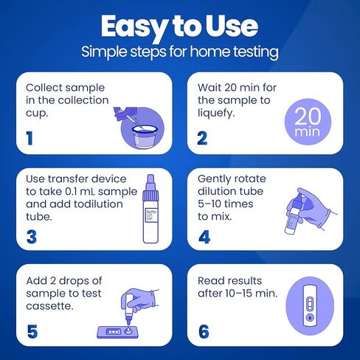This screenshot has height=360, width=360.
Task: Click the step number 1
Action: tap(30, 138)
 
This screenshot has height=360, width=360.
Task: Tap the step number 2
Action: tap(202, 138)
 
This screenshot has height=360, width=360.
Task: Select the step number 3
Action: tap(32, 237)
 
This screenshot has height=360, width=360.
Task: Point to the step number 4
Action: tap(204, 237)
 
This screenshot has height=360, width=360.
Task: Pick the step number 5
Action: tap(32, 332)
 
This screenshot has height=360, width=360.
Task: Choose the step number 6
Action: tap(204, 332)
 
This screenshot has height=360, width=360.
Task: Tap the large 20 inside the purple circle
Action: tap(308, 117)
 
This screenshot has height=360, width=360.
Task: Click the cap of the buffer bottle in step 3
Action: tap(150, 187)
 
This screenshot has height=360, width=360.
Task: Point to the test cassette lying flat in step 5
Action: tap(118, 332)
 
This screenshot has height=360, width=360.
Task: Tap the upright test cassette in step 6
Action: tap(310, 306)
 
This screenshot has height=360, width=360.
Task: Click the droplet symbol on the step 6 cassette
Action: tap(310, 318)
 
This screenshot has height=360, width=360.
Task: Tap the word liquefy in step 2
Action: tap(216, 114)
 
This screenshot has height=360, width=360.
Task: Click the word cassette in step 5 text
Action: tap(49, 306)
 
